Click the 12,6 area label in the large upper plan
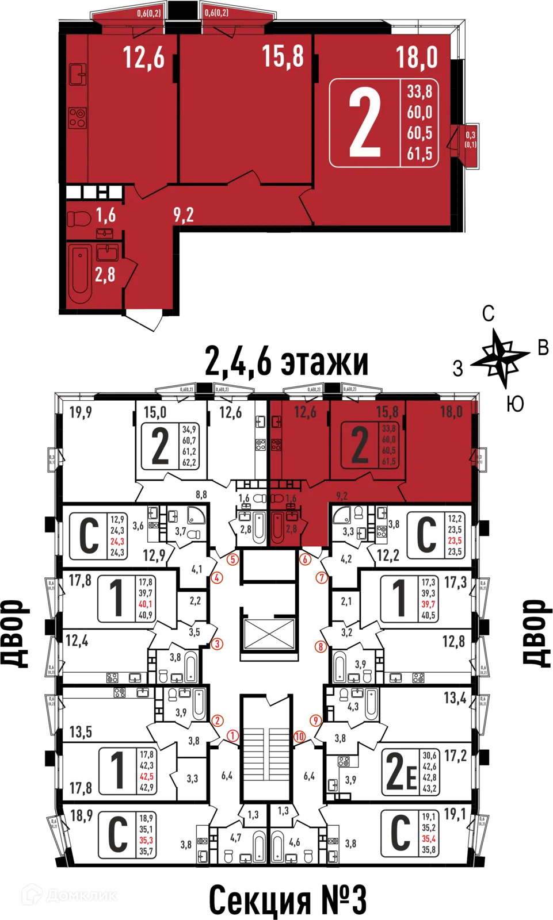pyautogui.click(x=143, y=58)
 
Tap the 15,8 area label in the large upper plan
pyautogui.click(x=283, y=56)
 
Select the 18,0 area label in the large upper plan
pyautogui.click(x=417, y=57)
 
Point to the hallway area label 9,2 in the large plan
pyautogui.click(x=184, y=215)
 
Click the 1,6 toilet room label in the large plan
pyautogui.click(x=105, y=215)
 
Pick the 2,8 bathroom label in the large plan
pyautogui.click(x=105, y=275)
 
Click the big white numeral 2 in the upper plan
pyautogui.click(x=365, y=124)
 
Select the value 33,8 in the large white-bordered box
pyautogui.click(x=419, y=92)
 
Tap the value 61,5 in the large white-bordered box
pyautogui.click(x=419, y=154)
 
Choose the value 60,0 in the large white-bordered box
pyautogui.click(x=419, y=112)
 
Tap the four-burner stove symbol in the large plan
pyautogui.click(x=78, y=118)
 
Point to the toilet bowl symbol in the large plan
pyautogui.click(x=79, y=219)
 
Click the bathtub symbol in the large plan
pyautogui.click(x=80, y=273)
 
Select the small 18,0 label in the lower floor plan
pyautogui.click(x=451, y=412)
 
